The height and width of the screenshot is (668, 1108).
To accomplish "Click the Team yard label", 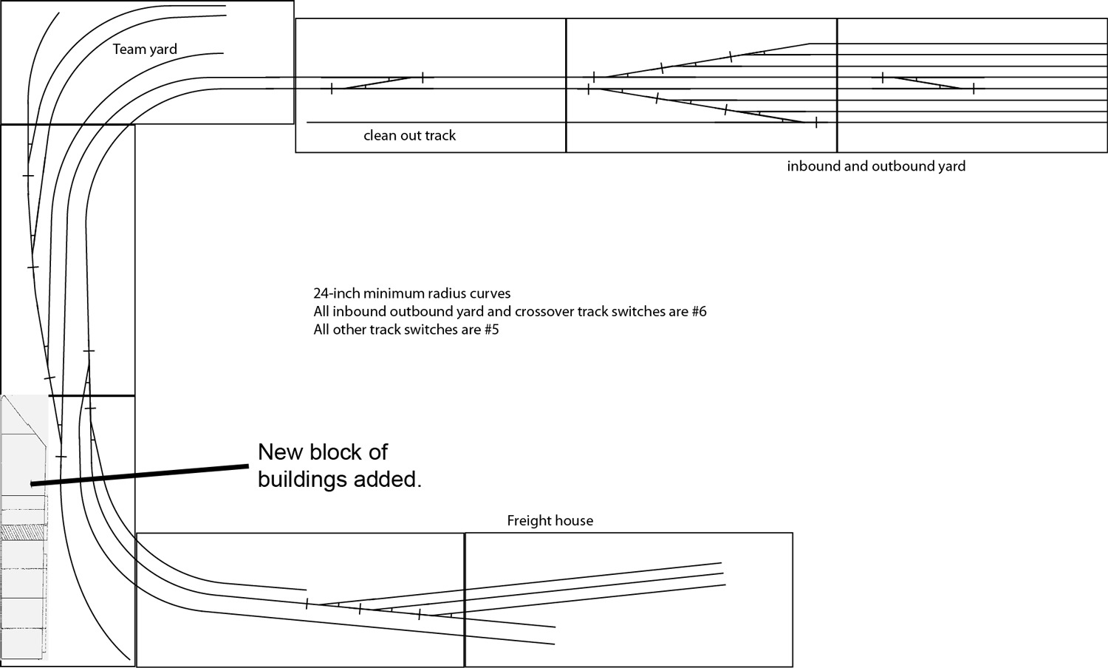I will pyautogui.click(x=145, y=50).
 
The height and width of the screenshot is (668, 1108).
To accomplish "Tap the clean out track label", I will pyautogui.click(x=409, y=136).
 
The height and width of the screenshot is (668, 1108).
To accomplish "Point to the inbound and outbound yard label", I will pyautogui.click(x=876, y=166).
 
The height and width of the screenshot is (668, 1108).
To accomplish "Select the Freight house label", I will pyautogui.click(x=550, y=521).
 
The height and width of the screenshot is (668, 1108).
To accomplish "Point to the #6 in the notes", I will pyautogui.click(x=698, y=312).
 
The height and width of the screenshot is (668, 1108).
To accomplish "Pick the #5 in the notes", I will pyautogui.click(x=490, y=330).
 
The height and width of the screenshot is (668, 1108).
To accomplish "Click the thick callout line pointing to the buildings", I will pyautogui.click(x=140, y=474).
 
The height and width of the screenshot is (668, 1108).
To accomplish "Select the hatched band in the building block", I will pyautogui.click(x=24, y=531).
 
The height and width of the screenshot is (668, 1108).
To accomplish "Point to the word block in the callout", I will pyautogui.click(x=342, y=452).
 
